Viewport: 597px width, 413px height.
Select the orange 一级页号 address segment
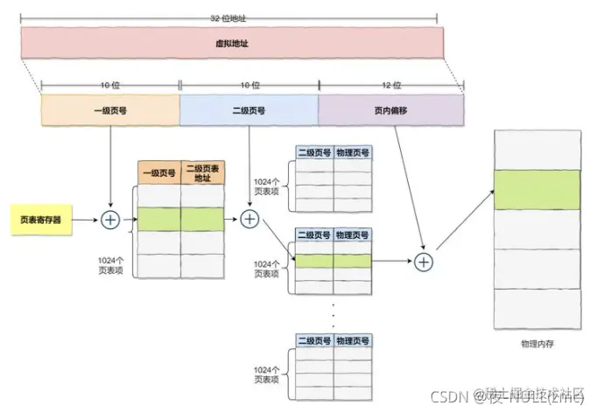coord(109,111)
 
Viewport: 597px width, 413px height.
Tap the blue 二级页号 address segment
coord(249,111)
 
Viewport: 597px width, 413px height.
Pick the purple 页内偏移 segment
coord(390,111)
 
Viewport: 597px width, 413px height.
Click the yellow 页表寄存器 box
coord(41,220)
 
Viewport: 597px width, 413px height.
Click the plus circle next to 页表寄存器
coord(110,220)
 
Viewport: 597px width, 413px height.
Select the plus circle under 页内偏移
coord(424,261)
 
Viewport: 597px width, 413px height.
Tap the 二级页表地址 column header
coord(202,172)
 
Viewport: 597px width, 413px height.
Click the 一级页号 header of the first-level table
coord(159,172)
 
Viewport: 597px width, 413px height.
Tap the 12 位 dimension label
coord(390,86)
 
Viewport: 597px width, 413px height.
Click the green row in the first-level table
coord(180,220)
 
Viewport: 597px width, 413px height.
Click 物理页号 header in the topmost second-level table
coord(353,152)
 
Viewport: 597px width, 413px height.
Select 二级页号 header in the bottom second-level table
coord(314,340)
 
